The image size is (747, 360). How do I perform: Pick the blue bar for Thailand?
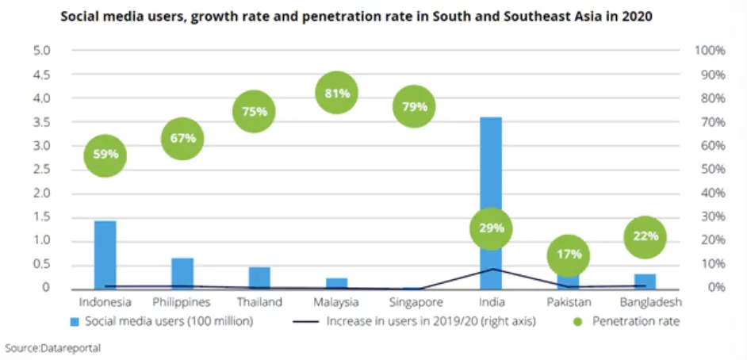click(x=259, y=277)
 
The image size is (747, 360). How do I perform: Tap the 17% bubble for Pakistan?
click(x=569, y=255)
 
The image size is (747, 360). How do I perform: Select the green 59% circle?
click(x=105, y=155)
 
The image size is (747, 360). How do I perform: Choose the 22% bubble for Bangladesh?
click(x=645, y=236)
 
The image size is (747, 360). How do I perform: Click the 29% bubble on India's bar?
click(x=491, y=228)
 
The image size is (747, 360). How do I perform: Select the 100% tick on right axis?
click(x=710, y=51)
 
